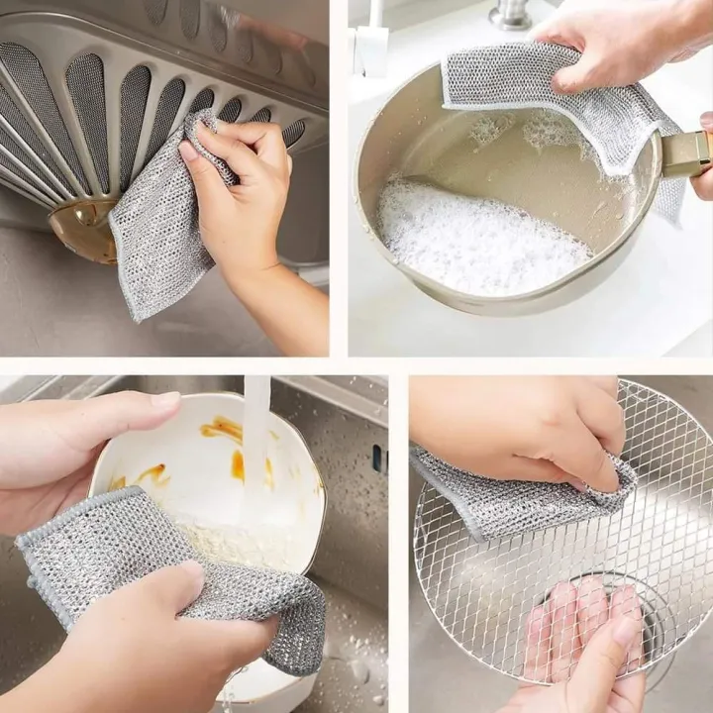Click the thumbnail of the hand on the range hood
(190, 152)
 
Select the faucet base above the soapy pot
(510, 15)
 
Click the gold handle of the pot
(685, 153)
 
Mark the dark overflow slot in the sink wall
(377, 458)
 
